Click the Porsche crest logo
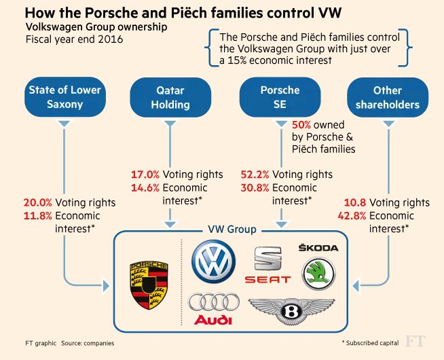(148, 282)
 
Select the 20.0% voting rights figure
(37, 202)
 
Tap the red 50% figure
(301, 125)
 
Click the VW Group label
(231, 230)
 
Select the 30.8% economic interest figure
(255, 187)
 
